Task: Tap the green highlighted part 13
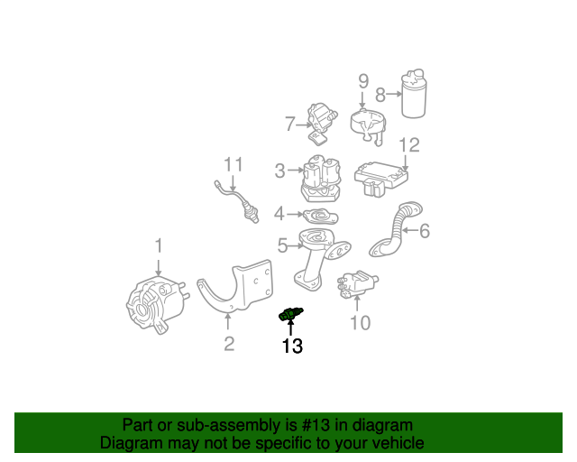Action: pyautogui.click(x=289, y=313)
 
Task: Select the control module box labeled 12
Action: pyautogui.click(x=383, y=176)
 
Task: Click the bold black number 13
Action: pyautogui.click(x=292, y=345)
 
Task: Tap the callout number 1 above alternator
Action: pyautogui.click(x=159, y=245)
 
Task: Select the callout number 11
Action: pyautogui.click(x=234, y=164)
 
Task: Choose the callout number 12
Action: pyautogui.click(x=408, y=145)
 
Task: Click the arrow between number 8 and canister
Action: pyautogui.click(x=394, y=94)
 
